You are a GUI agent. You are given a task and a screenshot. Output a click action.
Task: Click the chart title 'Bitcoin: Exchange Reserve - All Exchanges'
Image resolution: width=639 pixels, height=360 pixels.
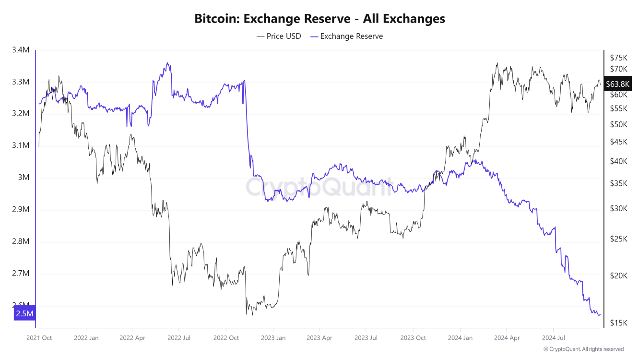pyautogui.click(x=319, y=19)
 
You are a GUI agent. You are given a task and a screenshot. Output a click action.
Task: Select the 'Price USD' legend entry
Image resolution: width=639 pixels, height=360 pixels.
pyautogui.click(x=279, y=36)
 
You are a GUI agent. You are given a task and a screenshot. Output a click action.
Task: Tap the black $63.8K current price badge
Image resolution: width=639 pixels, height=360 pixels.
pyautogui.click(x=617, y=84)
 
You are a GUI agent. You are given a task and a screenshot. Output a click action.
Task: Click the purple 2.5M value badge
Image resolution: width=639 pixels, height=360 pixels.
pyautogui.click(x=24, y=314)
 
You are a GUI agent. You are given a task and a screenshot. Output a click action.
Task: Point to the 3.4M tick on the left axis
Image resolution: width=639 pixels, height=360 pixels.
pyautogui.click(x=21, y=50)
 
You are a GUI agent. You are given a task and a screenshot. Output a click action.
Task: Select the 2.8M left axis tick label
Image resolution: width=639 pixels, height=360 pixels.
pyautogui.click(x=21, y=241)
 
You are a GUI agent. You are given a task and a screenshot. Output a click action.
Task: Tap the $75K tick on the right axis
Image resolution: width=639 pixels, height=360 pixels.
pyautogui.click(x=618, y=57)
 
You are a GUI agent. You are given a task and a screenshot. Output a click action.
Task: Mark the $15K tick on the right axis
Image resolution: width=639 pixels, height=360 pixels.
pyautogui.click(x=618, y=323)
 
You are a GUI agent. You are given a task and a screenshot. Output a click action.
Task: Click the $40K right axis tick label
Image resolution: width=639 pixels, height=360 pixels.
pyautogui.click(x=618, y=161)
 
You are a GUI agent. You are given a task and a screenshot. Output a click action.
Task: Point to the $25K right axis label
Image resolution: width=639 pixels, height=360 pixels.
pyautogui.click(x=618, y=239)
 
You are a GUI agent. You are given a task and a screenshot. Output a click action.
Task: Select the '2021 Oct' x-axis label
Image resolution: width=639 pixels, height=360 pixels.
pyautogui.click(x=39, y=338)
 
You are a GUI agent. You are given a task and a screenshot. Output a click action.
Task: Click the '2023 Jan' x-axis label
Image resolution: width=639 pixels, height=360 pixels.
pyautogui.click(x=273, y=338)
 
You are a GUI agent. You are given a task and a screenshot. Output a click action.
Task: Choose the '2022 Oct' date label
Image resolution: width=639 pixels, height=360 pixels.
pyautogui.click(x=226, y=338)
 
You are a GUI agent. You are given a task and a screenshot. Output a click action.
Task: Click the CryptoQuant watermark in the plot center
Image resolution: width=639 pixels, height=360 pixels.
pyautogui.click(x=319, y=187)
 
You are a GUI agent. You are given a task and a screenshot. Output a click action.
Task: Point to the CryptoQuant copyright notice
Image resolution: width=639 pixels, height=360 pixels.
pyautogui.click(x=583, y=349)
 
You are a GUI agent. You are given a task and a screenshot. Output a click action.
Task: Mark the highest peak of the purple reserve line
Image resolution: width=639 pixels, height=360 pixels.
pyautogui.click(x=167, y=63)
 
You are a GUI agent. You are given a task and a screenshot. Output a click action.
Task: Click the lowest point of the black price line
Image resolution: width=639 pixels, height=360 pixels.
pyautogui.click(x=246, y=315)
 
